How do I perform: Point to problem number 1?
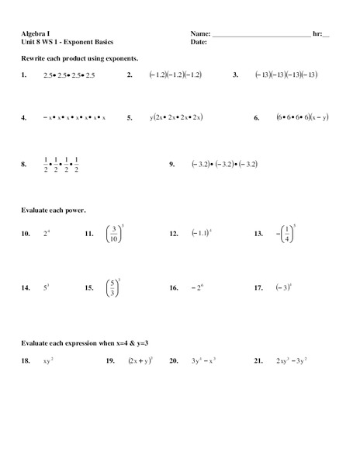pyautogui.click(x=25, y=75)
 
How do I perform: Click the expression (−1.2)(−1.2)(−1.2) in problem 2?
pyautogui.click(x=175, y=75)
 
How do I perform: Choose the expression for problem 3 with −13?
pyautogui.click(x=286, y=75)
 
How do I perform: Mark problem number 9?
pyautogui.click(x=173, y=165)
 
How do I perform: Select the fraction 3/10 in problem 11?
pyautogui.click(x=114, y=233)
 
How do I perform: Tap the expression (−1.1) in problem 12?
pyautogui.click(x=201, y=233)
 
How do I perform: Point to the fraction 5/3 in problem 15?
pyautogui.click(x=113, y=287)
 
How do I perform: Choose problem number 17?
pyautogui.click(x=258, y=287)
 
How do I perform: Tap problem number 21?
pyautogui.click(x=259, y=361)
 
